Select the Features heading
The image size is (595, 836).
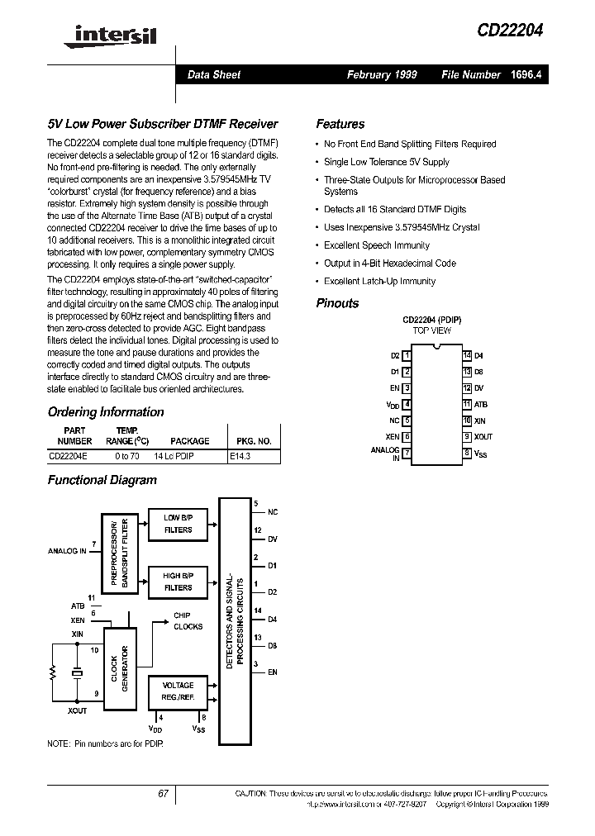(340, 124)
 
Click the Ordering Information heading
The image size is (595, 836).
(106, 412)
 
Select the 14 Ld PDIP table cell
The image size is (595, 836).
(174, 455)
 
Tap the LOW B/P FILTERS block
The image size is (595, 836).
(178, 524)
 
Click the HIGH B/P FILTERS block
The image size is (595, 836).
(178, 582)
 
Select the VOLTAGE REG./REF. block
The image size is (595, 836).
(178, 691)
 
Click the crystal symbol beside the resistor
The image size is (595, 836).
(77, 673)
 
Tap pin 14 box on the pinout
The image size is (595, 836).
(467, 355)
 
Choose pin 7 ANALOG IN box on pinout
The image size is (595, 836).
(407, 453)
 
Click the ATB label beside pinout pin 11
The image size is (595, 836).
(480, 404)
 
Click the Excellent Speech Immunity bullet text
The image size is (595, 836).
(376, 245)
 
